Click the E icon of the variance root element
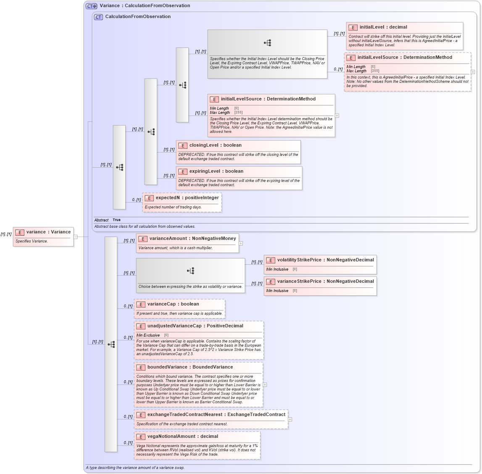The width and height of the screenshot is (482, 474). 20,232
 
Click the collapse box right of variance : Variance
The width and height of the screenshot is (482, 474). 75,237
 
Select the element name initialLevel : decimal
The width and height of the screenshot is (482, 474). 383,27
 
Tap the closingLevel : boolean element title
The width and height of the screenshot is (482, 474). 215,145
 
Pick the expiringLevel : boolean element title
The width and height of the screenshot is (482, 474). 216,171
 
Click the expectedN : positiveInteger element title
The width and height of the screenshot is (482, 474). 187,198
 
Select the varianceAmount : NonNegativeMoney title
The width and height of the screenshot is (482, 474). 192,239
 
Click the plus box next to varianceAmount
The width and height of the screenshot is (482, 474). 241,243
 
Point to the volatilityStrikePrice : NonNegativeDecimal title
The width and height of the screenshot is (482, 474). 325,260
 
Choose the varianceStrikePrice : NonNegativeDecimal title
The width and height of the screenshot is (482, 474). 325,282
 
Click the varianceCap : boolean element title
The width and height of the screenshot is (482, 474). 173,304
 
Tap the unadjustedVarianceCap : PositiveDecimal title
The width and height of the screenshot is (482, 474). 195,326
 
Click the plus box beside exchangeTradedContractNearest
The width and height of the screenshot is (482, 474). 290,419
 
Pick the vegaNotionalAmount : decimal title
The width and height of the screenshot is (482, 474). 182,437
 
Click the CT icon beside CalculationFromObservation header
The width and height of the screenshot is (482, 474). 98,17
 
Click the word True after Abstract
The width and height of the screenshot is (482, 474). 116,220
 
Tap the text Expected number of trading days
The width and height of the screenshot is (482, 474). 173,207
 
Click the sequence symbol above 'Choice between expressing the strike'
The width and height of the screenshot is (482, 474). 190,271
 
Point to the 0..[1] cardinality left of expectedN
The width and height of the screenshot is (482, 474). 136,200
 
